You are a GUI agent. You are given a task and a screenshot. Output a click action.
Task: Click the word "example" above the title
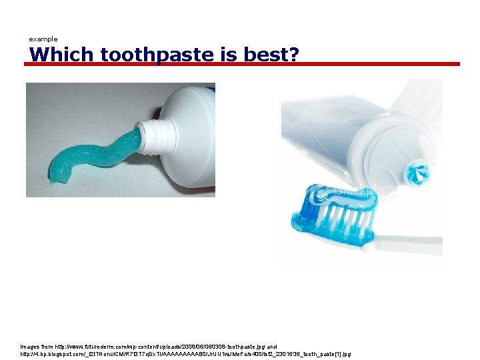[43, 39]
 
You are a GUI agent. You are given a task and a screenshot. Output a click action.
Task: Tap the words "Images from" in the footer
[35, 347]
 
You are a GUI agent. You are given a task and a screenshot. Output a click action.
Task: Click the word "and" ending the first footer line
[272, 347]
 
